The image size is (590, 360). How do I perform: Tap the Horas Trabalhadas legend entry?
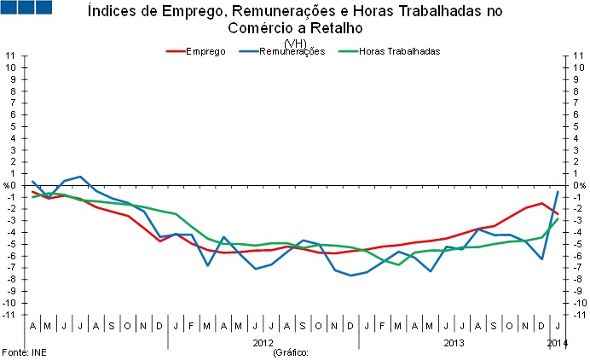[399, 51]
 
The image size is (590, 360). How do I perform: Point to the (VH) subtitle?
[295, 43]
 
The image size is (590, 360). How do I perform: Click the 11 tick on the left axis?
[11, 55]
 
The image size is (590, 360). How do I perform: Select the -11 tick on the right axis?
[579, 315]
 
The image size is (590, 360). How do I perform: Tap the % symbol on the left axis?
[9, 185]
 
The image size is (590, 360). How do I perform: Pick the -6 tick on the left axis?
[10, 256]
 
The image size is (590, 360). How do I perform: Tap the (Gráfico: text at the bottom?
[290, 351]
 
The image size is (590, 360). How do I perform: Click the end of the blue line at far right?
[558, 191]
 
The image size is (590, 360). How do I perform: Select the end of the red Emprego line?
[558, 214]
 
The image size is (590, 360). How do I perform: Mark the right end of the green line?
[558, 218]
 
